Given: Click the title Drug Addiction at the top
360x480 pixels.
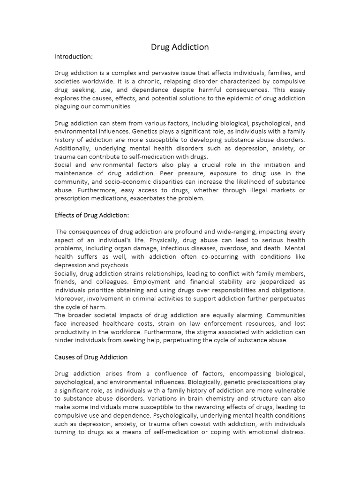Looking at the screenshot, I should point(180,47).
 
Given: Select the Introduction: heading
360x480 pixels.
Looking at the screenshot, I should point(74,57).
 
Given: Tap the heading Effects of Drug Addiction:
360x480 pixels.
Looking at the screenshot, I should point(91,215).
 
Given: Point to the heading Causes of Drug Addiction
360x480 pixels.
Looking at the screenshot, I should point(91,357).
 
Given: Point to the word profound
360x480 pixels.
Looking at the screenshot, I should point(196,232).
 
